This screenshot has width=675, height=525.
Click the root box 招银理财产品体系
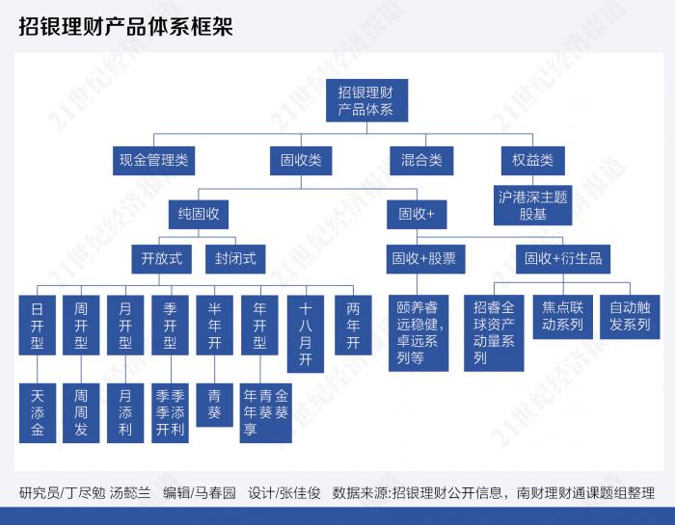pos(365,101)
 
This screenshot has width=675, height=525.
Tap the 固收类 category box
pos(301,161)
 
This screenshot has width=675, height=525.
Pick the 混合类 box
pos(421,161)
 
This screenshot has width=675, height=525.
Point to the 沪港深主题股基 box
pos(532,205)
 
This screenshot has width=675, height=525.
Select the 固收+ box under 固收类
pos(417,213)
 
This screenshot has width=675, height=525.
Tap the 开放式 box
pos(161,258)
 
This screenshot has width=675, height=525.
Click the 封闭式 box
pos(235,258)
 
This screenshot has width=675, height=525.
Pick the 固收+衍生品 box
pos(563,258)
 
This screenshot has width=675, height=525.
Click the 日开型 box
pos(37,326)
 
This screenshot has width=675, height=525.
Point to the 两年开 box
pos(353,326)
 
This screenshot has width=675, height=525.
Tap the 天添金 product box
pos(38,412)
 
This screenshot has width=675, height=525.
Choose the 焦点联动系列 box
pos(563,317)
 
